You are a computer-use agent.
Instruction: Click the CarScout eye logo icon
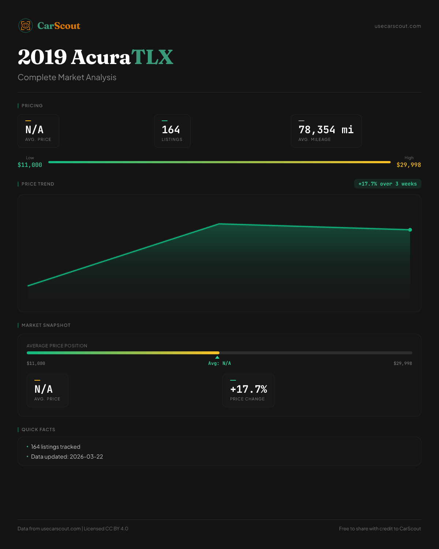click(26, 26)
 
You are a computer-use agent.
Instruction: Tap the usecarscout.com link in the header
click(398, 26)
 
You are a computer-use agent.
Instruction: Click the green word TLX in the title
click(152, 57)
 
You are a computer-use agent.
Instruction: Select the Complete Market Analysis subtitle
click(67, 77)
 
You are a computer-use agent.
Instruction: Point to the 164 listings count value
click(171, 130)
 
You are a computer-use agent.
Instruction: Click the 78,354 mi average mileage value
click(326, 130)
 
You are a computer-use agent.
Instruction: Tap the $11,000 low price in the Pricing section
click(30, 165)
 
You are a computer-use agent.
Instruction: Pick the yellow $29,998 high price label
click(409, 165)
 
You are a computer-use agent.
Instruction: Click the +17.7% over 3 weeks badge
click(387, 184)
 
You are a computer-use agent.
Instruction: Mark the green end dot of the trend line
click(410, 230)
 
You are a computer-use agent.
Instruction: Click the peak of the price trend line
click(219, 224)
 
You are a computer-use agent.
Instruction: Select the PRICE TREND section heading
click(38, 184)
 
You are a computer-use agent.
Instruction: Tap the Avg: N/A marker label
click(219, 363)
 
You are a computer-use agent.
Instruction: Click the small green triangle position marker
click(217, 357)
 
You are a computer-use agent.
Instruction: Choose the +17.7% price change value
click(248, 389)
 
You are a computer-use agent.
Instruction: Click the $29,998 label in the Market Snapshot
click(403, 363)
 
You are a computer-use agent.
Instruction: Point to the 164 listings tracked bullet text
click(56, 447)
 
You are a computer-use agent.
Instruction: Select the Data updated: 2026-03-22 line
click(67, 456)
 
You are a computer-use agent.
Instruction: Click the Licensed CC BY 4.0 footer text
click(106, 529)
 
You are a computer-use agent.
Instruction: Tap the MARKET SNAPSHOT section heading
click(46, 325)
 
